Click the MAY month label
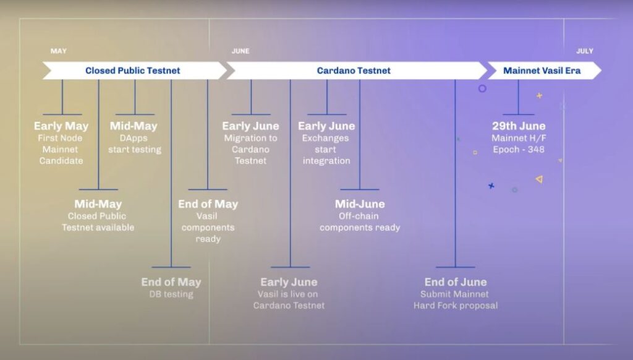[x=59, y=51]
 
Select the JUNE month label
[x=240, y=51]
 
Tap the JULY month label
[x=585, y=51]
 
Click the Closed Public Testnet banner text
[x=132, y=71]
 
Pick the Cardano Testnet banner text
[x=354, y=71]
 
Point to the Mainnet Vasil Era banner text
[x=542, y=71]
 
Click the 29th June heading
[x=519, y=126]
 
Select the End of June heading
[x=456, y=282]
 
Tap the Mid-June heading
[x=360, y=204]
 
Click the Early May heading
[x=61, y=126]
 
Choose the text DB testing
[x=171, y=294]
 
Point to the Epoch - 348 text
[x=519, y=150]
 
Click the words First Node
[x=60, y=138]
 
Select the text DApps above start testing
[x=134, y=139]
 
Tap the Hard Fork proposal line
[x=456, y=306]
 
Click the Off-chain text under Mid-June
[x=359, y=216]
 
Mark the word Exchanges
[x=325, y=139]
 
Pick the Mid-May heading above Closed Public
[x=98, y=204]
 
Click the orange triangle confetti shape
[x=539, y=179]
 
